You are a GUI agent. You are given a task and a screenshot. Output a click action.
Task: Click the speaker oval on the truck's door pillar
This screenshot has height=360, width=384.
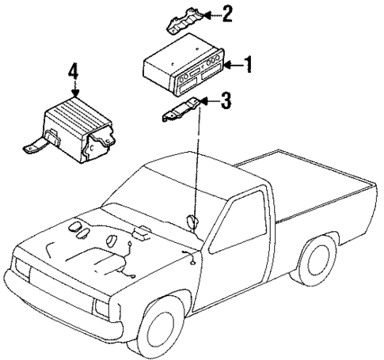click(192, 222)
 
